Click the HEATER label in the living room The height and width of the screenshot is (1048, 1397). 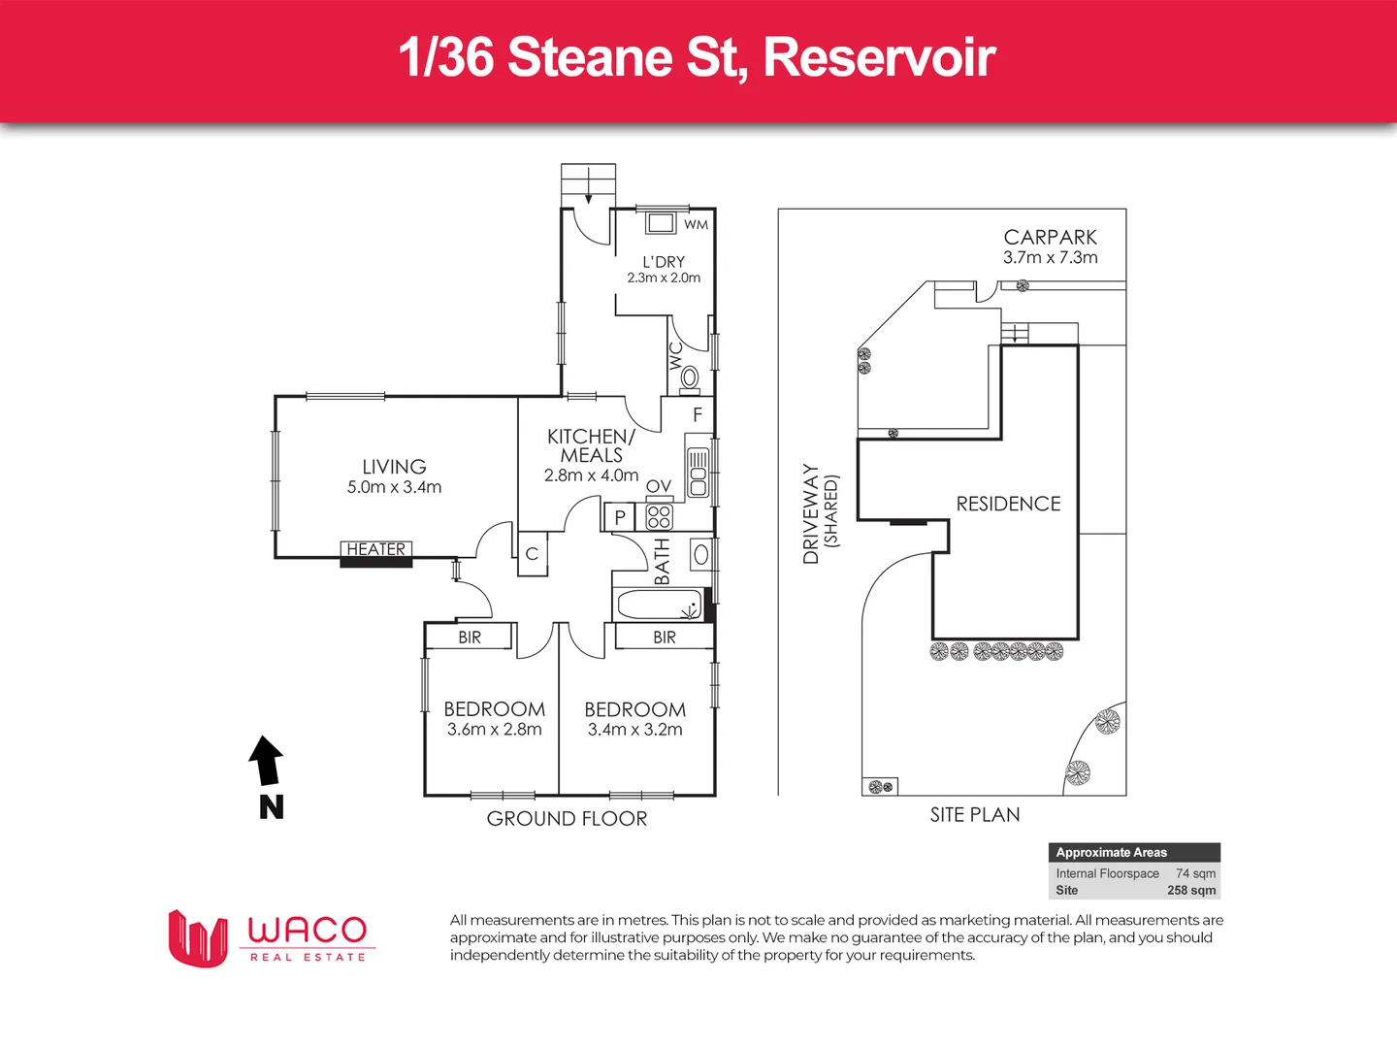point(376,549)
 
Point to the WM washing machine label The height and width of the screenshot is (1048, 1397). point(696,225)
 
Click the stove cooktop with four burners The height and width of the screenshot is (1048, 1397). point(659,516)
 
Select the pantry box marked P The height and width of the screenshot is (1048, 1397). point(619,517)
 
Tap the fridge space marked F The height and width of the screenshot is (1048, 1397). point(697,414)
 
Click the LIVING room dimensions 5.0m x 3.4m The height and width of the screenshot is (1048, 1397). point(394,487)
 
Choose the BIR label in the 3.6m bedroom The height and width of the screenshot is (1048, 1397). point(470,638)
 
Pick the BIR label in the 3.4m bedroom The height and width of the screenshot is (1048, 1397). point(665,638)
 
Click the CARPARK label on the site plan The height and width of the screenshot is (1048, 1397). point(1050,238)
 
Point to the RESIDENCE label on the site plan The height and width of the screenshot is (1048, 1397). point(1008,504)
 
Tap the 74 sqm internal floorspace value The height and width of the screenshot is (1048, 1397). point(1195,873)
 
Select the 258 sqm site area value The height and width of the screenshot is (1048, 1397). point(1191,890)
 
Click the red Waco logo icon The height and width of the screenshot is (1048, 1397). point(198,938)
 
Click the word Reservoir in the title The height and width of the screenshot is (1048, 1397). point(879,57)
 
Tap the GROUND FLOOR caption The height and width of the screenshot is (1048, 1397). point(567,819)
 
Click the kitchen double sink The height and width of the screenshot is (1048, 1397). point(698,473)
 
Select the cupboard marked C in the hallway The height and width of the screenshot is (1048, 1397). point(532,554)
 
